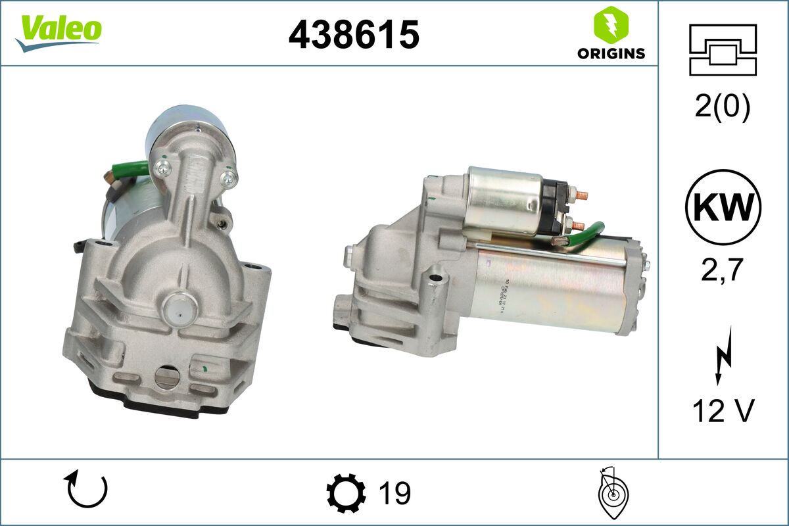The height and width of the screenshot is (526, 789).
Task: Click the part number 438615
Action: [x=354, y=34]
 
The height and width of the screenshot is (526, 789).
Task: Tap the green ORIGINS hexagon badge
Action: [x=611, y=25]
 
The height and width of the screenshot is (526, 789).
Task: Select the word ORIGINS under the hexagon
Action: [x=611, y=54]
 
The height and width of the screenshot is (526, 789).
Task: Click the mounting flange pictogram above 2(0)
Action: [x=723, y=50]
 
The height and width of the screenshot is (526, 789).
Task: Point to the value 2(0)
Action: [x=723, y=107]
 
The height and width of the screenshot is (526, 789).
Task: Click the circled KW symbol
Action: [x=723, y=207]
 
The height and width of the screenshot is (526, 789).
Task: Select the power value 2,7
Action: [x=723, y=270]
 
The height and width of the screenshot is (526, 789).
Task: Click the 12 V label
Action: [x=723, y=412]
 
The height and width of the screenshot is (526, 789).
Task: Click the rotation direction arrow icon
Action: [x=85, y=490]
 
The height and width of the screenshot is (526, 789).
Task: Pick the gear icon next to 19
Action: [x=346, y=493]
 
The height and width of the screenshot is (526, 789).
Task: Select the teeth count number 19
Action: [x=394, y=493]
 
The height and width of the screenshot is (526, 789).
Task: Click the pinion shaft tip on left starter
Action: [x=178, y=305]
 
